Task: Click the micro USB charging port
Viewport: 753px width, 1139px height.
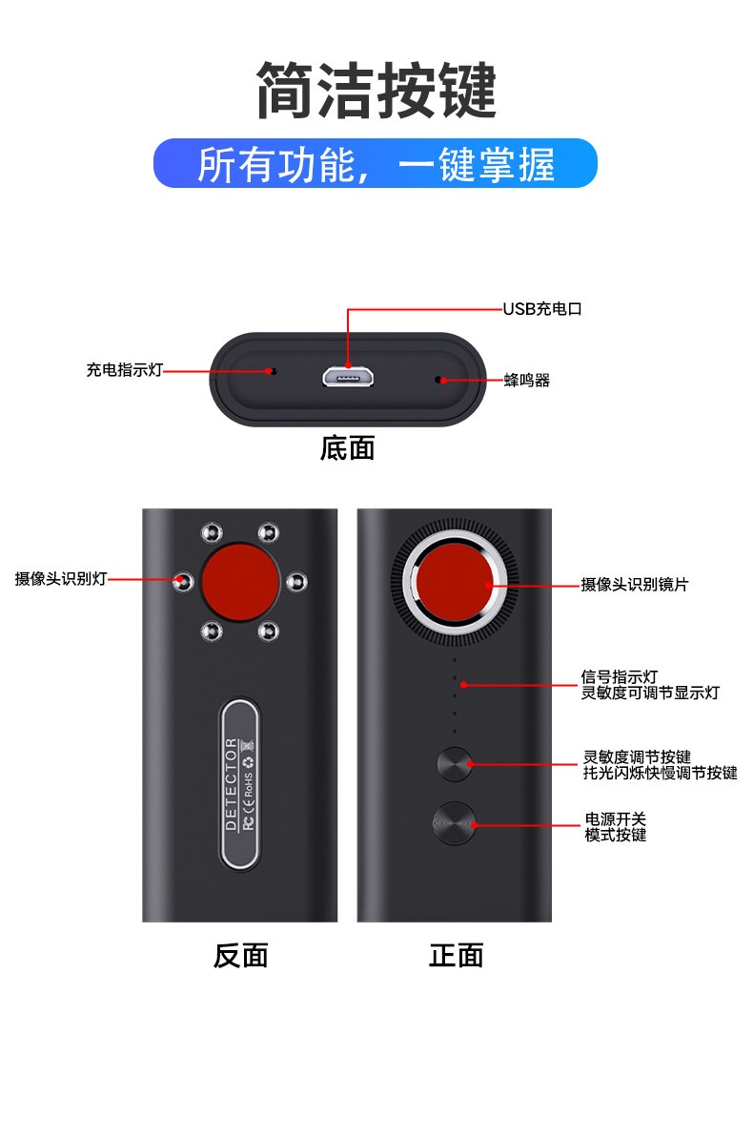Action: [x=349, y=377]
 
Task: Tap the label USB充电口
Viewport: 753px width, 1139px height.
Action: [x=542, y=309]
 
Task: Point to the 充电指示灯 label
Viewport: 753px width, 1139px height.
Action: [x=124, y=370]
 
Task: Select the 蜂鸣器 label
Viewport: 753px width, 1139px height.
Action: [x=527, y=380]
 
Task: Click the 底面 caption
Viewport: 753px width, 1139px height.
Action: [x=348, y=448]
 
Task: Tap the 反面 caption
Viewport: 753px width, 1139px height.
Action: [x=241, y=955]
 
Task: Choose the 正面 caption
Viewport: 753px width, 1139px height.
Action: [x=456, y=955]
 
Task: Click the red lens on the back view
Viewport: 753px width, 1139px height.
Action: [x=240, y=581]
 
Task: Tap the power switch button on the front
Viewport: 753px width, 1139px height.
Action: [x=455, y=823]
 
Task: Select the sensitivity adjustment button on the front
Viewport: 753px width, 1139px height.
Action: [x=456, y=764]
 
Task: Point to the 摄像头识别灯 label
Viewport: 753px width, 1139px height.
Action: [x=61, y=579]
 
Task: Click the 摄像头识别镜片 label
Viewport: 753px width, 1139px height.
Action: [x=635, y=585]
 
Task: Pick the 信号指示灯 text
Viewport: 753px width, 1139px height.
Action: [x=620, y=677]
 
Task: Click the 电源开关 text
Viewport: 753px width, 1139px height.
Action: [x=616, y=818]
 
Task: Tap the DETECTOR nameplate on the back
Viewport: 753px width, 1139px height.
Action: [x=239, y=784]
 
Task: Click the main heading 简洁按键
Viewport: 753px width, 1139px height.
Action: [x=376, y=91]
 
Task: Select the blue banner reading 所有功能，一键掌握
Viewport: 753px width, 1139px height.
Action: [x=376, y=163]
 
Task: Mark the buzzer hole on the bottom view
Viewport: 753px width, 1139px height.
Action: [x=438, y=380]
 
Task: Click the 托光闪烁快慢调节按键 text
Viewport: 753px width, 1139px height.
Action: [x=660, y=773]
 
